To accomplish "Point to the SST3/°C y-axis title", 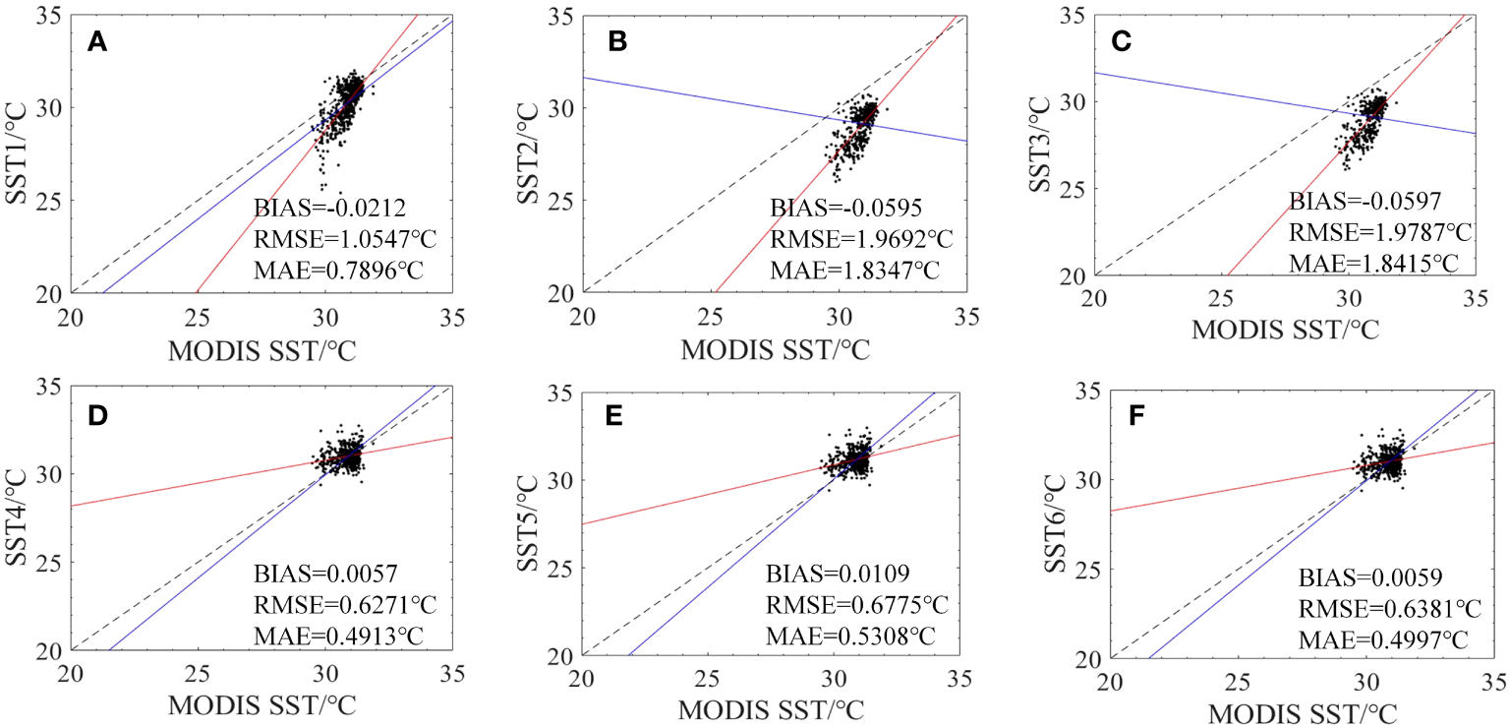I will click(1051, 145).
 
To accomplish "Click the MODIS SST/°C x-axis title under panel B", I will click(776, 350).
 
